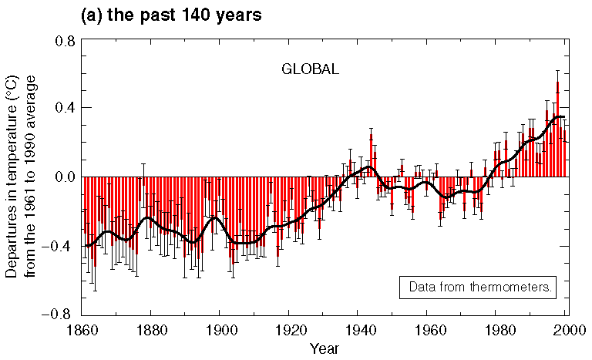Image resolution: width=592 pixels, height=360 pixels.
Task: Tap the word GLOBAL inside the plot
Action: (x=310, y=69)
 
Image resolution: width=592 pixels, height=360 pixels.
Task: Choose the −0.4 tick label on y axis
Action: (x=59, y=246)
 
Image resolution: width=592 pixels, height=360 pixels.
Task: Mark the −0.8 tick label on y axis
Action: (x=59, y=315)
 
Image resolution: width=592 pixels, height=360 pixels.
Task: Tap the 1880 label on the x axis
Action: (x=150, y=331)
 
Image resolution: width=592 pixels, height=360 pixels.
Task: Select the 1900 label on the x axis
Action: (x=220, y=331)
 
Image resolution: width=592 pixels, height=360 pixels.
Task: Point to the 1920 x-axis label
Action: (x=289, y=331)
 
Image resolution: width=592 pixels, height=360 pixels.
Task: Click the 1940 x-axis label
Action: (x=359, y=331)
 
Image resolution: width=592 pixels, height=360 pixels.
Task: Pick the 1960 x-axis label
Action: (x=429, y=331)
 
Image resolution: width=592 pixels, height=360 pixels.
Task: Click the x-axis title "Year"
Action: (x=324, y=348)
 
